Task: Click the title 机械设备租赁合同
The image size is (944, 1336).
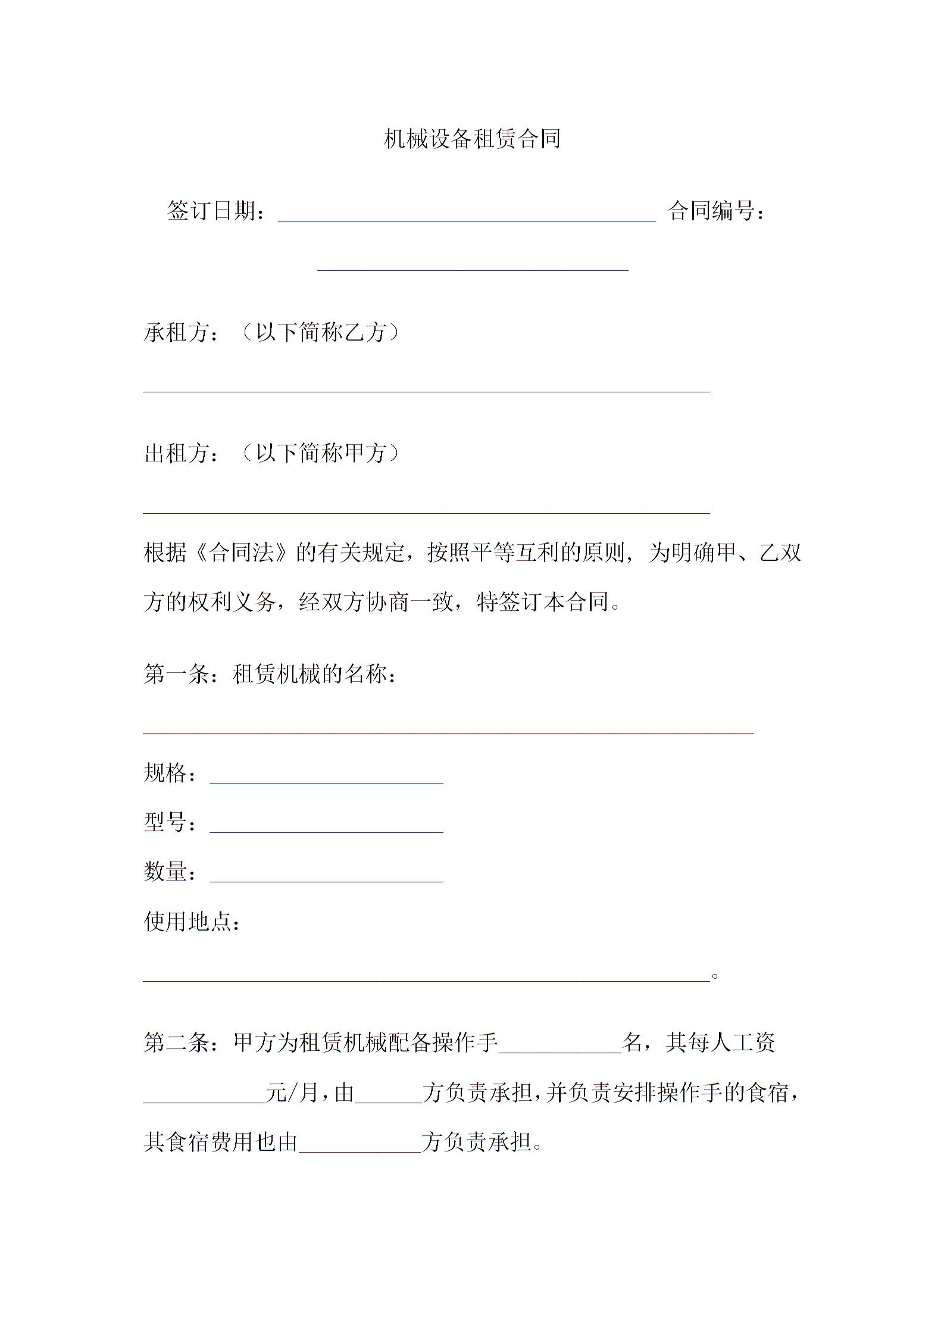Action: coord(472,139)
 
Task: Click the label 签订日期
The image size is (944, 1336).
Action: coord(215,211)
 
